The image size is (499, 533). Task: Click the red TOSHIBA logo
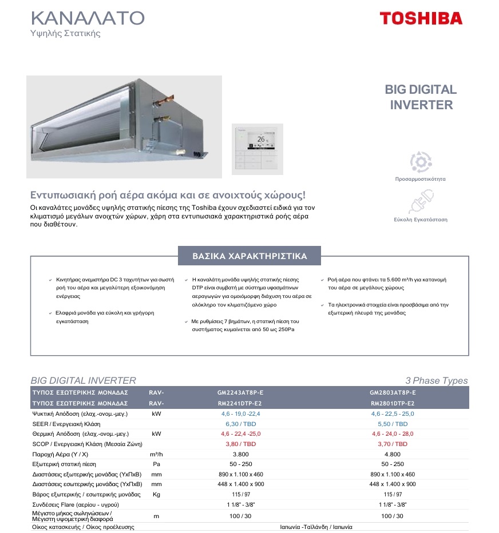[421, 18]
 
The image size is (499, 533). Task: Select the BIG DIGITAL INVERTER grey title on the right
[421, 97]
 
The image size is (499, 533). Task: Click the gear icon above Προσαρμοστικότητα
[420, 162]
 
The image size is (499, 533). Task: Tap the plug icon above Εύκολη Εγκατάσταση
[420, 203]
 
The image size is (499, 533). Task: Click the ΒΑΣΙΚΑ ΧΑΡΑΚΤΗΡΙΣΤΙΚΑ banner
[250, 256]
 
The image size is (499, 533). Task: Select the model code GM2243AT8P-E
[240, 393]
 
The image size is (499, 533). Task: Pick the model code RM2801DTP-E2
[393, 403]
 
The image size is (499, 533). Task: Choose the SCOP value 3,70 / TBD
[393, 444]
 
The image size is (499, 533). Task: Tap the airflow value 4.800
[393, 454]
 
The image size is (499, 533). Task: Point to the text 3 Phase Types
[436, 381]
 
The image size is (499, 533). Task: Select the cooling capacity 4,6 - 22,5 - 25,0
[393, 413]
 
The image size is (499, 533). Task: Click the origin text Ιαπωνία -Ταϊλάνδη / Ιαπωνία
[316, 527]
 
